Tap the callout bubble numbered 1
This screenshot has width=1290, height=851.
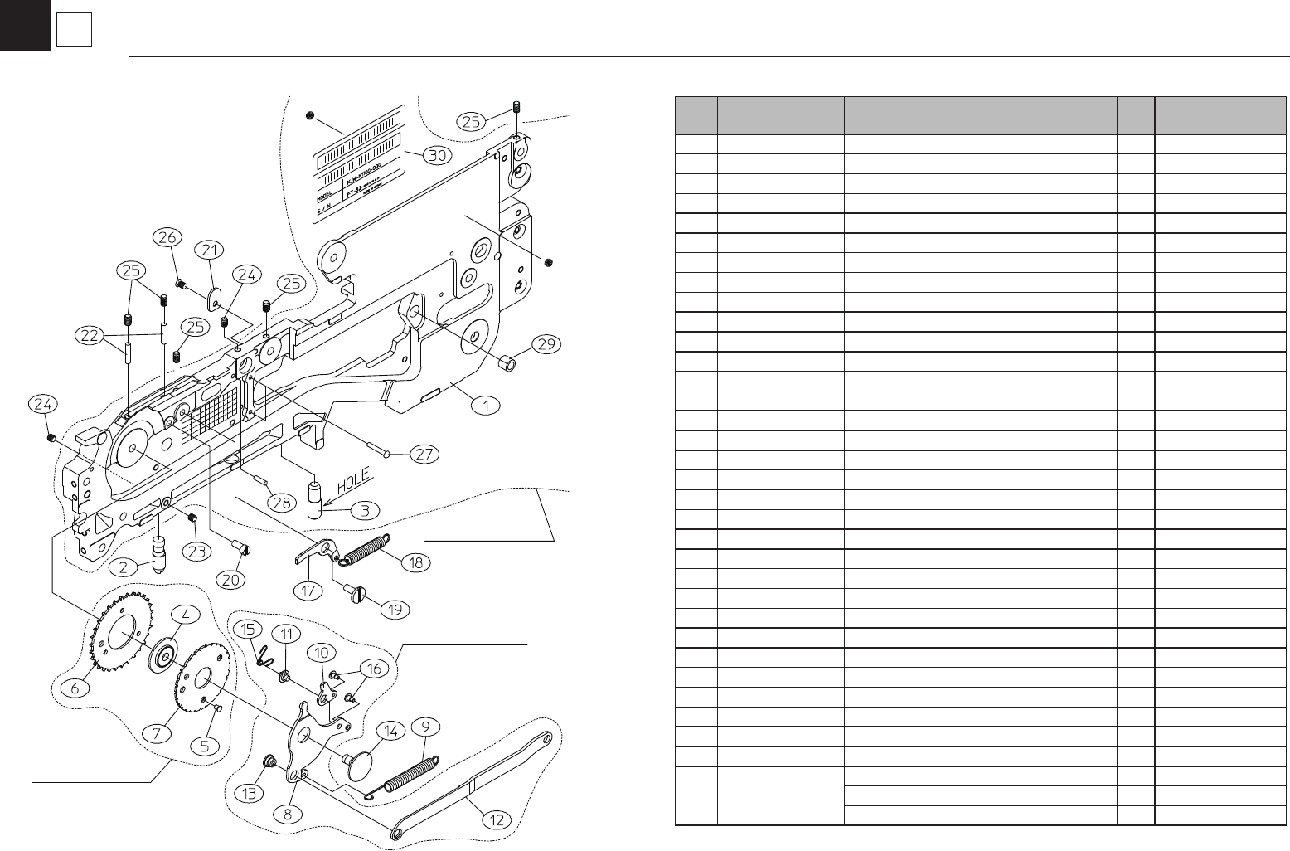click(x=486, y=405)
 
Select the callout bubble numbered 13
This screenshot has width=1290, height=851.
click(x=248, y=793)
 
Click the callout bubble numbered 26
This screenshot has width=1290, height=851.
click(x=167, y=238)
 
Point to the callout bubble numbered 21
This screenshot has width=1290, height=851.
click(x=210, y=250)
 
